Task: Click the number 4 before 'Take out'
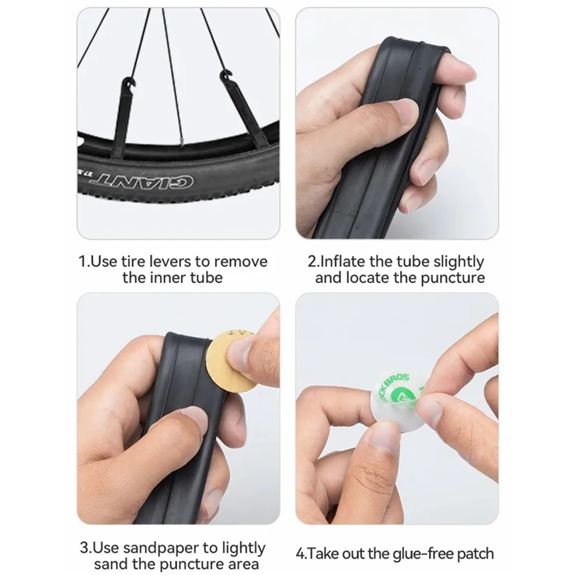[x=300, y=554]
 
